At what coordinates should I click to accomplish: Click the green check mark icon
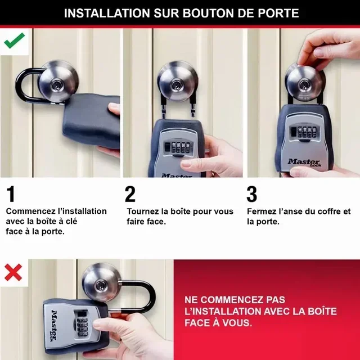14,40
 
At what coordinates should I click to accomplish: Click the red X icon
13,272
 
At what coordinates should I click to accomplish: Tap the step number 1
11,195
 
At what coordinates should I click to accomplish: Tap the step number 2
130,195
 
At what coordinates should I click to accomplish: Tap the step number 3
252,195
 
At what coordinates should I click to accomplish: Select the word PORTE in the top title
276,13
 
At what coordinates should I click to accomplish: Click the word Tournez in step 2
142,211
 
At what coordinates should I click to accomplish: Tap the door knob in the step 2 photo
177,81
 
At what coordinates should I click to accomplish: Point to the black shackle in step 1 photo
24,84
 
